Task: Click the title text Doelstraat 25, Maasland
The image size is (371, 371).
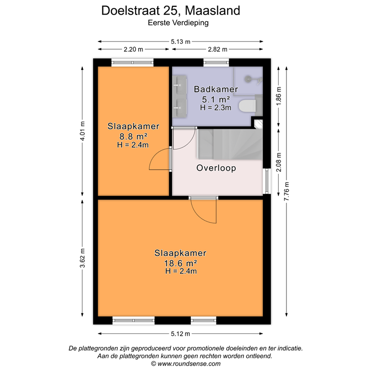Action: point(171,11)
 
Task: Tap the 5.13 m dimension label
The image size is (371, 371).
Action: point(180,42)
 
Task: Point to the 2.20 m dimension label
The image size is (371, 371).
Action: point(133,49)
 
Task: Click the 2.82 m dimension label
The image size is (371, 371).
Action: point(217,49)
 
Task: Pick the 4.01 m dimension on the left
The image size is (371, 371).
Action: point(83,131)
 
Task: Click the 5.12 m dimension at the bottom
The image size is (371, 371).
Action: point(180,334)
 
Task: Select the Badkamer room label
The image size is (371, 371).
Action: point(216,89)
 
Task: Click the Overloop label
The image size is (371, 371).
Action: point(216,168)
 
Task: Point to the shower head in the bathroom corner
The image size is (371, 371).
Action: point(249,78)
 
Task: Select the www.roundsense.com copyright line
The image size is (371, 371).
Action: point(185,364)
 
